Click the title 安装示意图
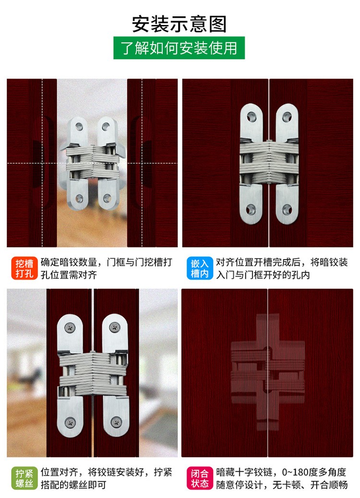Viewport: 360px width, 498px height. pos(179,24)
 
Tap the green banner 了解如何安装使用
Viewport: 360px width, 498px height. pos(179,47)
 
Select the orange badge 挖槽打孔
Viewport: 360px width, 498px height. pos(24,268)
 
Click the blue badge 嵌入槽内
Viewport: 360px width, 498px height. pos(200,268)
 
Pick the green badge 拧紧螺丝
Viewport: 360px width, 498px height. pos(24,478)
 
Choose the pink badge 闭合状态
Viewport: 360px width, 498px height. pos(200,478)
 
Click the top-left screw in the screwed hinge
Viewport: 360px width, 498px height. pos(70,328)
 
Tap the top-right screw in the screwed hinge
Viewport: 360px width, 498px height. pos(115,327)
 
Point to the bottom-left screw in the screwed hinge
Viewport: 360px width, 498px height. pos(70,422)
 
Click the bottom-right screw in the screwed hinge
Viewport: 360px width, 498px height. pos(116,422)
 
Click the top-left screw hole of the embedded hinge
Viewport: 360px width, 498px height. pos(252,117)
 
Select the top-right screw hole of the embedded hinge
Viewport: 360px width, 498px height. pos(287,117)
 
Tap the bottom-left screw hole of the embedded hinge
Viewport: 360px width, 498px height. pos(251,209)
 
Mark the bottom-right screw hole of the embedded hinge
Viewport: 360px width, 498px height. pos(287,209)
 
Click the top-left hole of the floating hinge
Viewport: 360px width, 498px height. pos(79,127)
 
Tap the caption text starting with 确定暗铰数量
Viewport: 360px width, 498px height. pos(107,268)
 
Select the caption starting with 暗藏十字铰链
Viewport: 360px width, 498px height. pos(282,478)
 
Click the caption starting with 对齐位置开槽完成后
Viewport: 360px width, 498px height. pos(282,268)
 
